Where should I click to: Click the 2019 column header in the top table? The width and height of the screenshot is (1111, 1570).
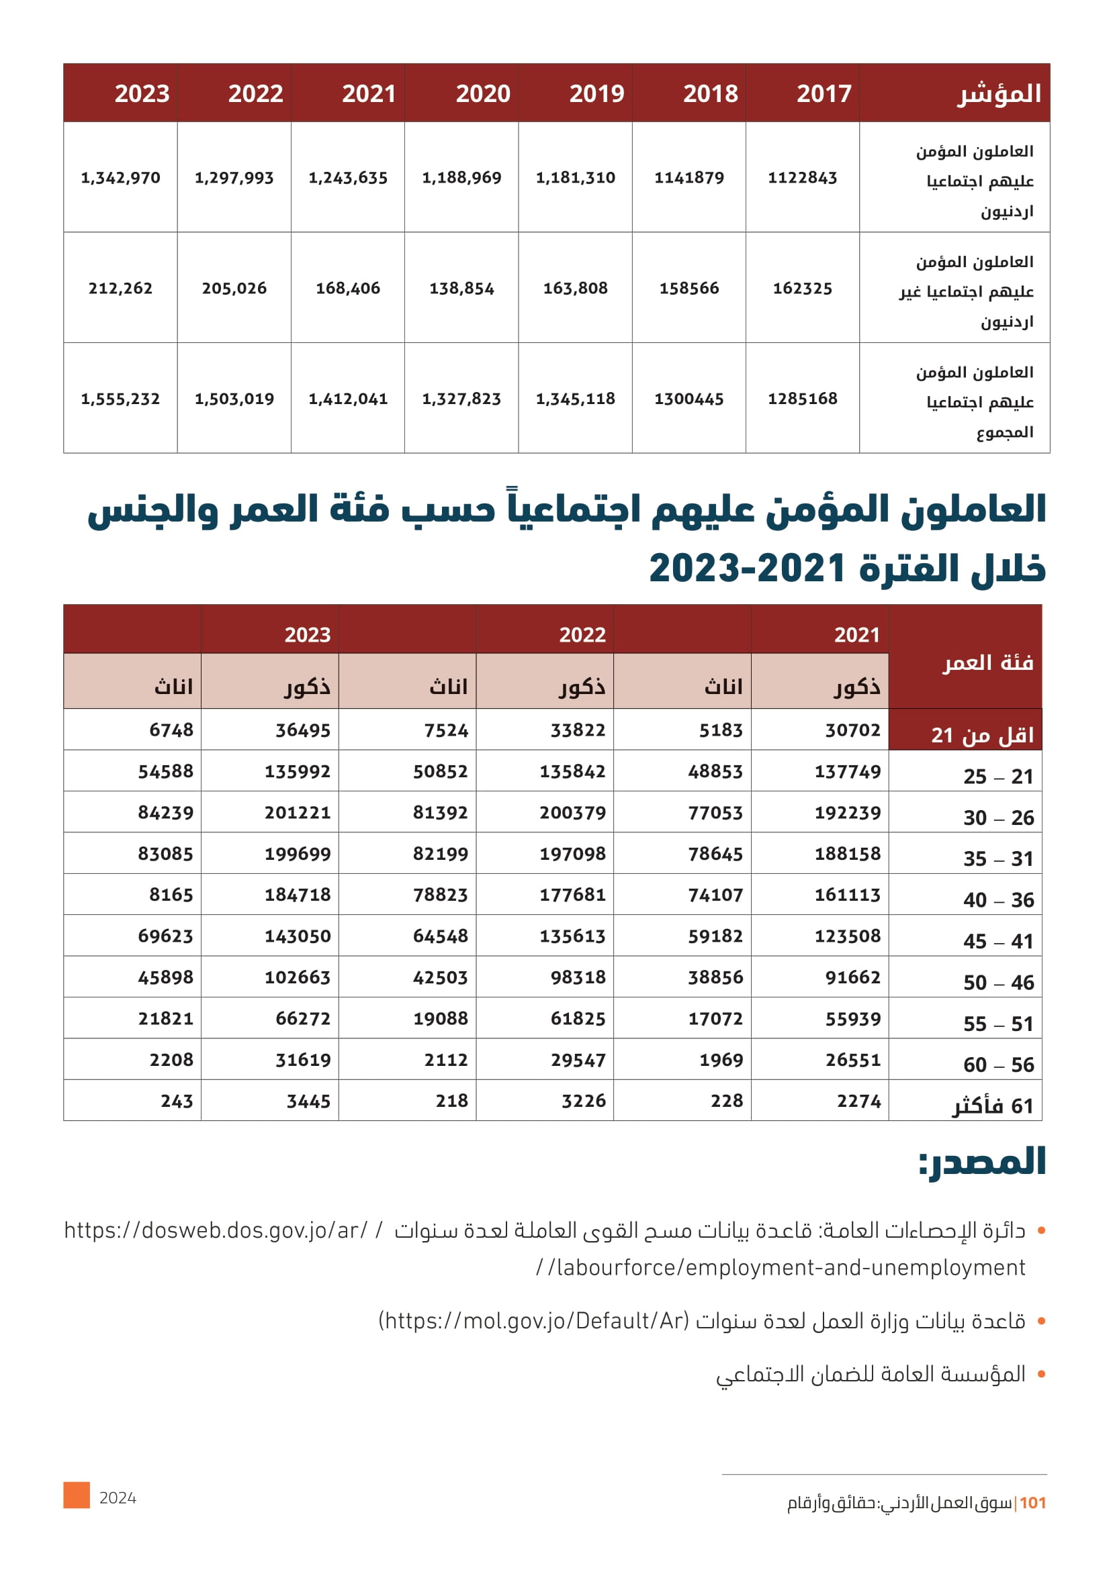(596, 94)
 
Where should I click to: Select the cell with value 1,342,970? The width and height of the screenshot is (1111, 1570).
(120, 178)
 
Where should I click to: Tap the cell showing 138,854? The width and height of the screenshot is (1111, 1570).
(461, 289)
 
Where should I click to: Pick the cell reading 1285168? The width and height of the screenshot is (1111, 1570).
(802, 399)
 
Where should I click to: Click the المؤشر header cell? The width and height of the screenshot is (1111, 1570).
(998, 94)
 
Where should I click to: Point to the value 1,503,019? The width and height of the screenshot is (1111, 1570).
(234, 399)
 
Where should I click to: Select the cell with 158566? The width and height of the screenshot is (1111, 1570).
(689, 289)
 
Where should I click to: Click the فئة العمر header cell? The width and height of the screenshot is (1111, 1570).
(988, 663)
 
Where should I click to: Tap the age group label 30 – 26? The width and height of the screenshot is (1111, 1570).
(998, 818)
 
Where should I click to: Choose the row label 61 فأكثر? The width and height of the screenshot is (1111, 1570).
(993, 1106)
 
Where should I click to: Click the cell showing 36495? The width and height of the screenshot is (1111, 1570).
(302, 730)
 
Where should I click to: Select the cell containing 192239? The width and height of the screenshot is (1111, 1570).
(847, 813)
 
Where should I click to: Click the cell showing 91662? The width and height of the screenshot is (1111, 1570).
(852, 977)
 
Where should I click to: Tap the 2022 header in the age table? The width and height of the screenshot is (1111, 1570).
(582, 635)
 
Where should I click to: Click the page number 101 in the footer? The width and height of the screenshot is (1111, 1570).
(1032, 1503)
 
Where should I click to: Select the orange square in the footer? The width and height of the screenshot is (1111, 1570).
(77, 1495)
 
